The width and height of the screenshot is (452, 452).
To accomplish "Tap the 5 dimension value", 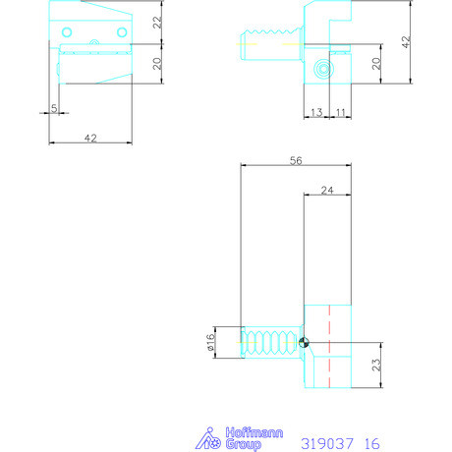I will pyautogui.click(x=53, y=106).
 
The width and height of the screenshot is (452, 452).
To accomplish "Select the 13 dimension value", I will pyautogui.click(x=315, y=113).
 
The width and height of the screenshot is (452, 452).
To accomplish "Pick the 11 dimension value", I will pyautogui.click(x=339, y=113).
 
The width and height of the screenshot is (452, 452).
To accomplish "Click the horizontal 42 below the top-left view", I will pyautogui.click(x=89, y=140).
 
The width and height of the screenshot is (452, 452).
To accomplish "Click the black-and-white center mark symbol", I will pyautogui.click(x=306, y=343).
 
